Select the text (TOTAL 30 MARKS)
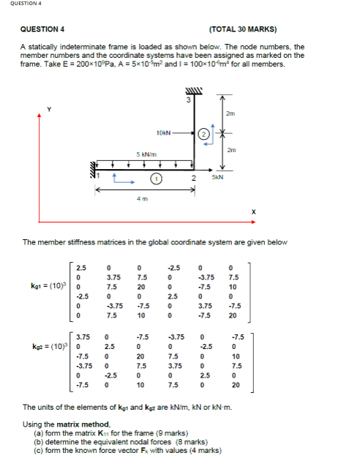click(x=243, y=30)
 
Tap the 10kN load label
click(x=163, y=132)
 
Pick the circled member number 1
click(x=155, y=178)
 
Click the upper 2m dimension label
click(x=230, y=113)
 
